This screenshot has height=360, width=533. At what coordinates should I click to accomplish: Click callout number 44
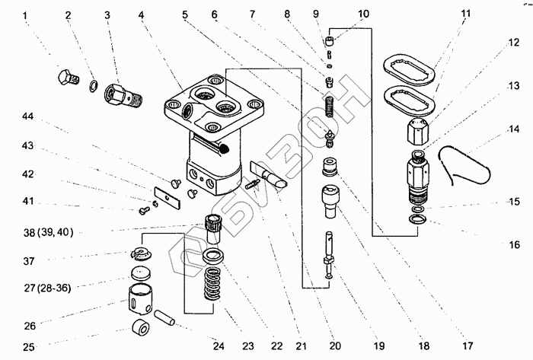tap(27, 116)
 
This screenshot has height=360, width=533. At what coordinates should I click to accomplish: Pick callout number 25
tap(29, 348)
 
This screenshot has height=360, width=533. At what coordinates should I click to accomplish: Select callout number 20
tap(336, 348)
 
